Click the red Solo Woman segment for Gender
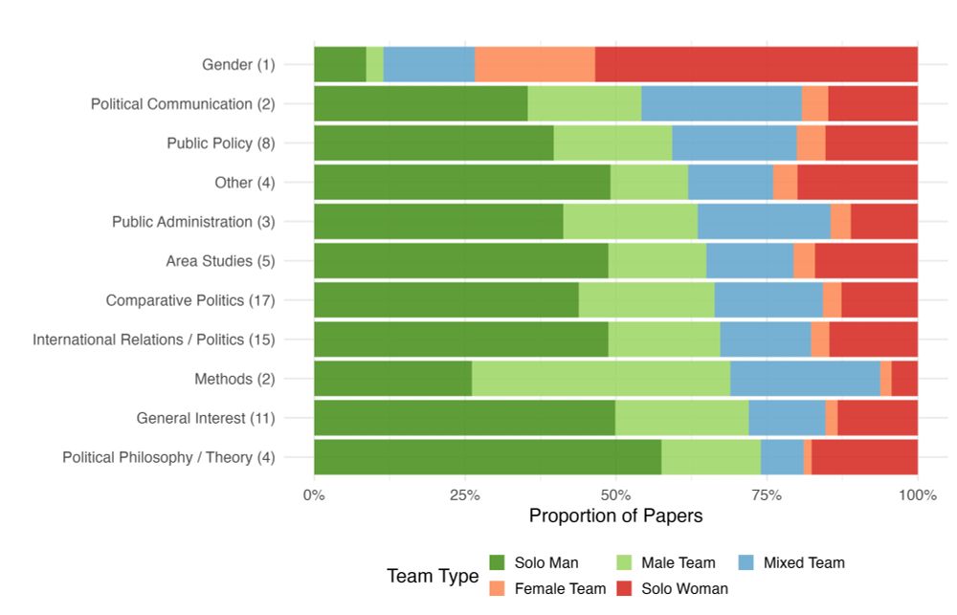[756, 64]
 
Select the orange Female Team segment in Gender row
[534, 64]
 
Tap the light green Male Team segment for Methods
[600, 379]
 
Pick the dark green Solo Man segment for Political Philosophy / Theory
[487, 457]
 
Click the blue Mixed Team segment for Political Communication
[721, 103]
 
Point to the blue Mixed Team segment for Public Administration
[763, 222]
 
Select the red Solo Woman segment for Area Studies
[866, 261]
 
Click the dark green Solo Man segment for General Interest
[464, 418]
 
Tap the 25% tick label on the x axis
[464, 494]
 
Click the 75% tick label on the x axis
[767, 494]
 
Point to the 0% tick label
[314, 494]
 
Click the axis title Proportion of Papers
[615, 516]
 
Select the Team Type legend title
[433, 576]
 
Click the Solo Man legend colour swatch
[497, 562]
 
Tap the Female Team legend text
[560, 588]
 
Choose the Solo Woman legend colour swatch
[624, 588]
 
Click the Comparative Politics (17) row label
[190, 300]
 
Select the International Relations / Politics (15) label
[154, 340]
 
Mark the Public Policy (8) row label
[220, 143]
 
